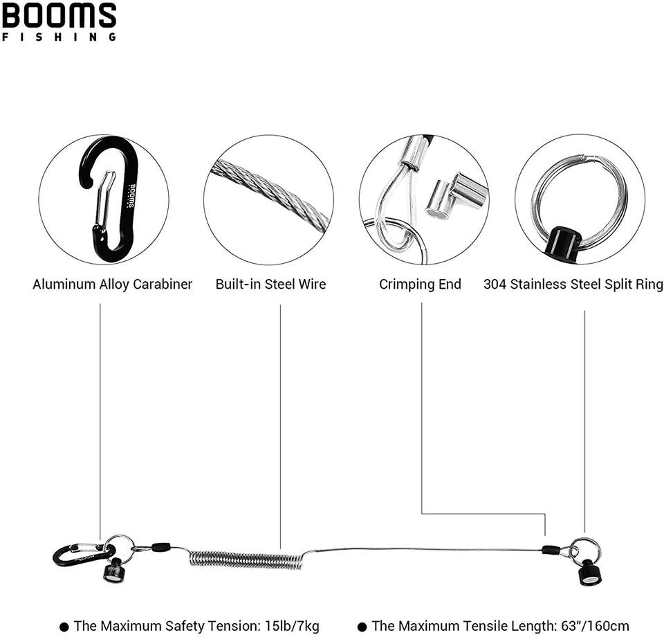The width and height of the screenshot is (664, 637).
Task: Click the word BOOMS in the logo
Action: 59,15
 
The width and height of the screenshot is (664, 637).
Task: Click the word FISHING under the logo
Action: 59,37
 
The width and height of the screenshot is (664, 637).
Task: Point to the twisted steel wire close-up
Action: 270,195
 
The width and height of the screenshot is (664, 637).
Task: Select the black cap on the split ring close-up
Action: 565,242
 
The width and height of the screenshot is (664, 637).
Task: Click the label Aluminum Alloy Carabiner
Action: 113,284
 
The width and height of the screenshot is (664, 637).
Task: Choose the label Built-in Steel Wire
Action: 270,284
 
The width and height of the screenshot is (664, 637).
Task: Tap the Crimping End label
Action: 420,284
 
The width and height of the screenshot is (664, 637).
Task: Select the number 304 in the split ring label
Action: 495,284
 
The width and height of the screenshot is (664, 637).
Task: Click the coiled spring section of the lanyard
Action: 246,558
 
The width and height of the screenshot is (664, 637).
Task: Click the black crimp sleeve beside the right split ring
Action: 551,550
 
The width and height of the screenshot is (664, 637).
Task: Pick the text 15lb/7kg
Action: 293,626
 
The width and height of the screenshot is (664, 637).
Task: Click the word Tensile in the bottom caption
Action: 483,626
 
